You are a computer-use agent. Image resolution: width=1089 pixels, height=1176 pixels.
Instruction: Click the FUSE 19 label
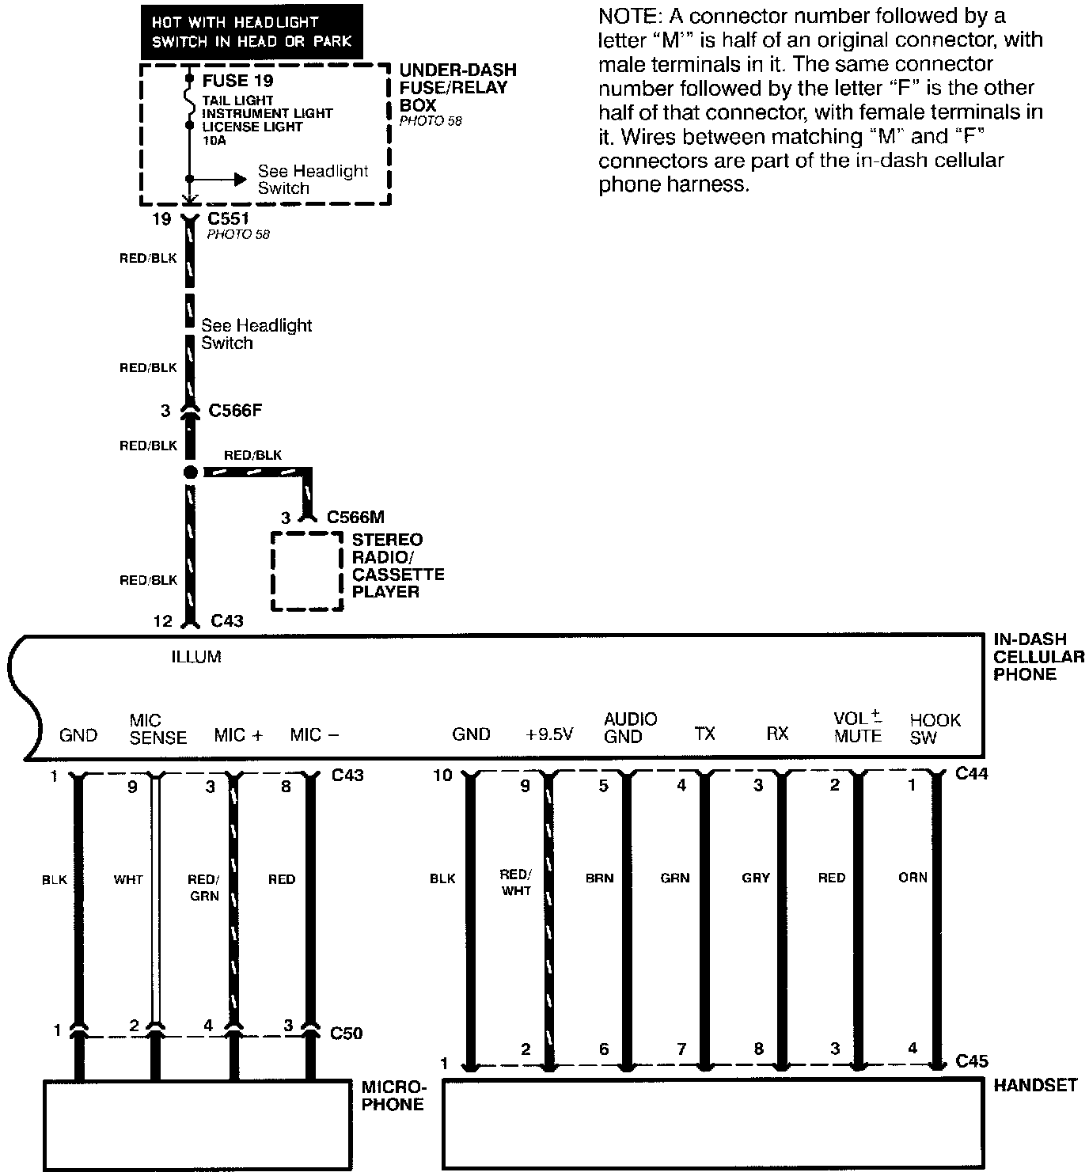click(237, 81)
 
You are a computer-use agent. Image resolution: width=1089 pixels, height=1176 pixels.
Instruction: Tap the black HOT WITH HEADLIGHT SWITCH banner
click(252, 32)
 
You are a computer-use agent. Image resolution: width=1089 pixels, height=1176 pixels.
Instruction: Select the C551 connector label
click(229, 218)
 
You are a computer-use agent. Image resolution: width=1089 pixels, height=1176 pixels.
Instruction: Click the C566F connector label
click(235, 411)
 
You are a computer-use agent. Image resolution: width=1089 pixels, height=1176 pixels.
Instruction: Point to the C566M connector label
click(355, 518)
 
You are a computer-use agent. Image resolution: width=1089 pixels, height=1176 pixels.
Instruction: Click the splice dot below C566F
click(190, 472)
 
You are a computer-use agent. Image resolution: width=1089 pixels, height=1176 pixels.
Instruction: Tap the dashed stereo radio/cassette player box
click(307, 571)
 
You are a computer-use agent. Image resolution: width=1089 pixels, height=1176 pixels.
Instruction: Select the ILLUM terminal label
click(196, 657)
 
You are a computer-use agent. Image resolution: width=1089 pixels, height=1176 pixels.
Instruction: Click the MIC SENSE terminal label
click(157, 729)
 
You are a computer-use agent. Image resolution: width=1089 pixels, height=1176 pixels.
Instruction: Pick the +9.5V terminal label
click(549, 734)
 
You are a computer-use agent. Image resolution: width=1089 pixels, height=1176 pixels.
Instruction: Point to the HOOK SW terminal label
click(935, 729)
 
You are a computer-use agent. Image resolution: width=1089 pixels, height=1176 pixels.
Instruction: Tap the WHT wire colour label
click(128, 879)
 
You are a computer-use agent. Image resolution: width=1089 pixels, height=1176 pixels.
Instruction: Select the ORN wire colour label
click(913, 878)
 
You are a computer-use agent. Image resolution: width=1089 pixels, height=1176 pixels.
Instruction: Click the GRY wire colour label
click(756, 878)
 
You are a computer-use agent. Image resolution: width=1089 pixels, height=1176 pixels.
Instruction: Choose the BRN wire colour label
click(599, 878)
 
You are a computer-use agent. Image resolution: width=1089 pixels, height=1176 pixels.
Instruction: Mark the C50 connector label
click(346, 1033)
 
